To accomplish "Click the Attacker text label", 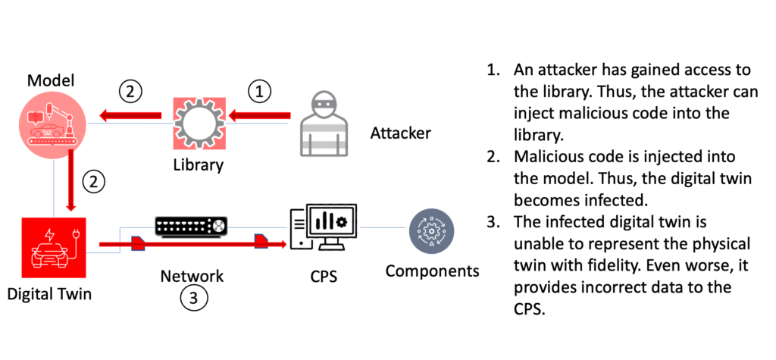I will (x=400, y=134).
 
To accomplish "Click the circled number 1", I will (x=259, y=92).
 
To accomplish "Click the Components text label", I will (x=432, y=271).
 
